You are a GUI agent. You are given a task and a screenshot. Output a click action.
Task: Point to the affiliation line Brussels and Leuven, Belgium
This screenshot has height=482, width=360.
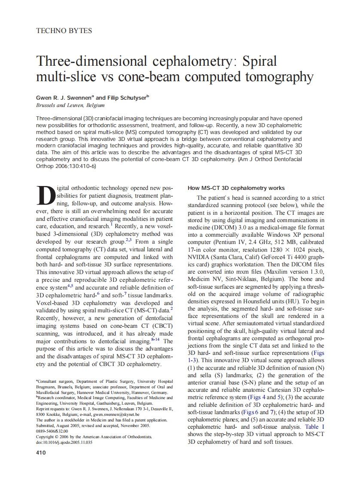point(70,105)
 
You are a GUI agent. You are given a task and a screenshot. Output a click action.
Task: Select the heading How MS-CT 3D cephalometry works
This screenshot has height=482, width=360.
point(236,188)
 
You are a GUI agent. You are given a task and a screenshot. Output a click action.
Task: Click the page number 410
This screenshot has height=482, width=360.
point(41,452)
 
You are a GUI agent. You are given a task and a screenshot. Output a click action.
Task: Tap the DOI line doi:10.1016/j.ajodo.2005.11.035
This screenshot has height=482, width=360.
point(64,442)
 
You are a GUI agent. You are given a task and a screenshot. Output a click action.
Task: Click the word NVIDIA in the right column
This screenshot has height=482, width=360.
point(200,257)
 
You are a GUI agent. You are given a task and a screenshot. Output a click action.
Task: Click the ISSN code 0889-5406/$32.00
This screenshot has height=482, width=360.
point(52,431)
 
